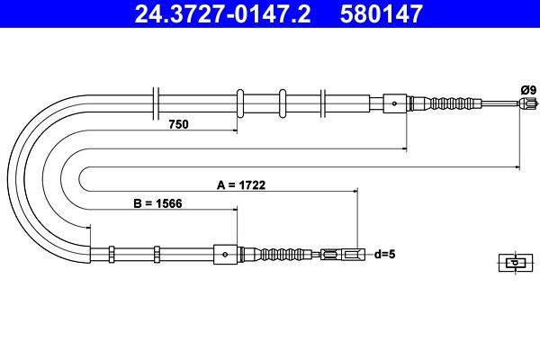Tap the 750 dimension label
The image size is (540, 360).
click(178, 125)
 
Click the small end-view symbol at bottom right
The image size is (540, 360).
click(512, 263)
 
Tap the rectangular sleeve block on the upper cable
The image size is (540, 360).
click(395, 103)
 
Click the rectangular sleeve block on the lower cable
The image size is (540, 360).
click(224, 255)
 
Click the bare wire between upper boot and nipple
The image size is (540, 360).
click(497, 104)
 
